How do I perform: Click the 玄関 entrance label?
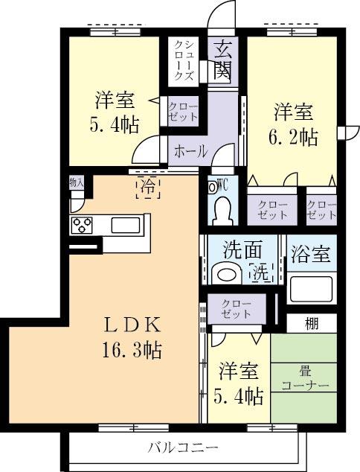222,61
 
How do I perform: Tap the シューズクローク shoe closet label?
184,60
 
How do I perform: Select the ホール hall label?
191,151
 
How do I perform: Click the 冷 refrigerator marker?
148,188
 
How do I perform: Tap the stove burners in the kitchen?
81,225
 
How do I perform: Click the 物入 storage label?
77,182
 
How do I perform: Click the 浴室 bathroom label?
311,253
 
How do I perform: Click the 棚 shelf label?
312,324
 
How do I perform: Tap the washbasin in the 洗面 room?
225,274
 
